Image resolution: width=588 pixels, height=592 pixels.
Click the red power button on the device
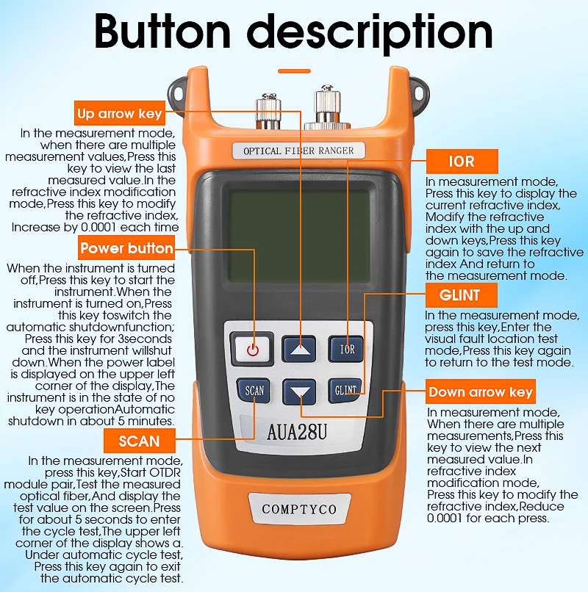(254, 349)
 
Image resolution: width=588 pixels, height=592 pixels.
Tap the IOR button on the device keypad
(345, 349)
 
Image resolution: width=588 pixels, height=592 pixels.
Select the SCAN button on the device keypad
(254, 391)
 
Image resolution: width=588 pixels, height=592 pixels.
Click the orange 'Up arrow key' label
(119, 114)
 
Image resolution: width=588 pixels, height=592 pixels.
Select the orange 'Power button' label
(126, 248)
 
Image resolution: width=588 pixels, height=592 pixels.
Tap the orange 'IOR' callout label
(462, 161)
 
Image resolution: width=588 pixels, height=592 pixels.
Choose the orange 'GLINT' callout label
(462, 295)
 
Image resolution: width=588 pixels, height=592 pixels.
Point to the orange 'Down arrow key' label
(479, 391)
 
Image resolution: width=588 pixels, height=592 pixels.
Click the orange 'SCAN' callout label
(139, 441)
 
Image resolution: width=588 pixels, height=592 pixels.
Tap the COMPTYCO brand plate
(298, 509)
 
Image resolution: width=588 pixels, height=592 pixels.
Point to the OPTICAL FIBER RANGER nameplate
(298, 151)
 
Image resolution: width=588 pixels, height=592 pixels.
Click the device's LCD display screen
(298, 239)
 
